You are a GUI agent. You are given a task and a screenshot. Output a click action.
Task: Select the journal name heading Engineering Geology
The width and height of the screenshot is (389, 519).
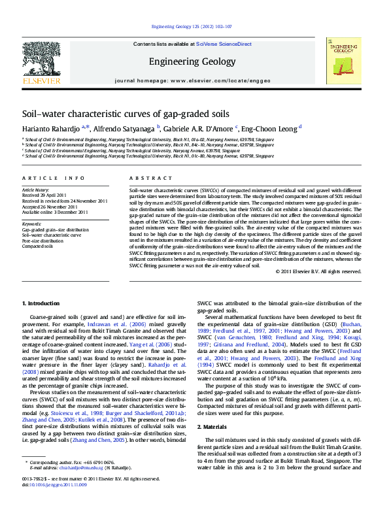(x=192, y=62)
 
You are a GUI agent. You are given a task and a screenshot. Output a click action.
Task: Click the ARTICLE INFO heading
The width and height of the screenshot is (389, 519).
(x=53, y=178)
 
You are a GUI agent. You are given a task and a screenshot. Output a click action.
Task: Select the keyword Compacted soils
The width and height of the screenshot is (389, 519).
(x=38, y=246)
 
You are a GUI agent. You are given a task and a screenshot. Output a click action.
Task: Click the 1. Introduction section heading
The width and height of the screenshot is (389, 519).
(x=42, y=303)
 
